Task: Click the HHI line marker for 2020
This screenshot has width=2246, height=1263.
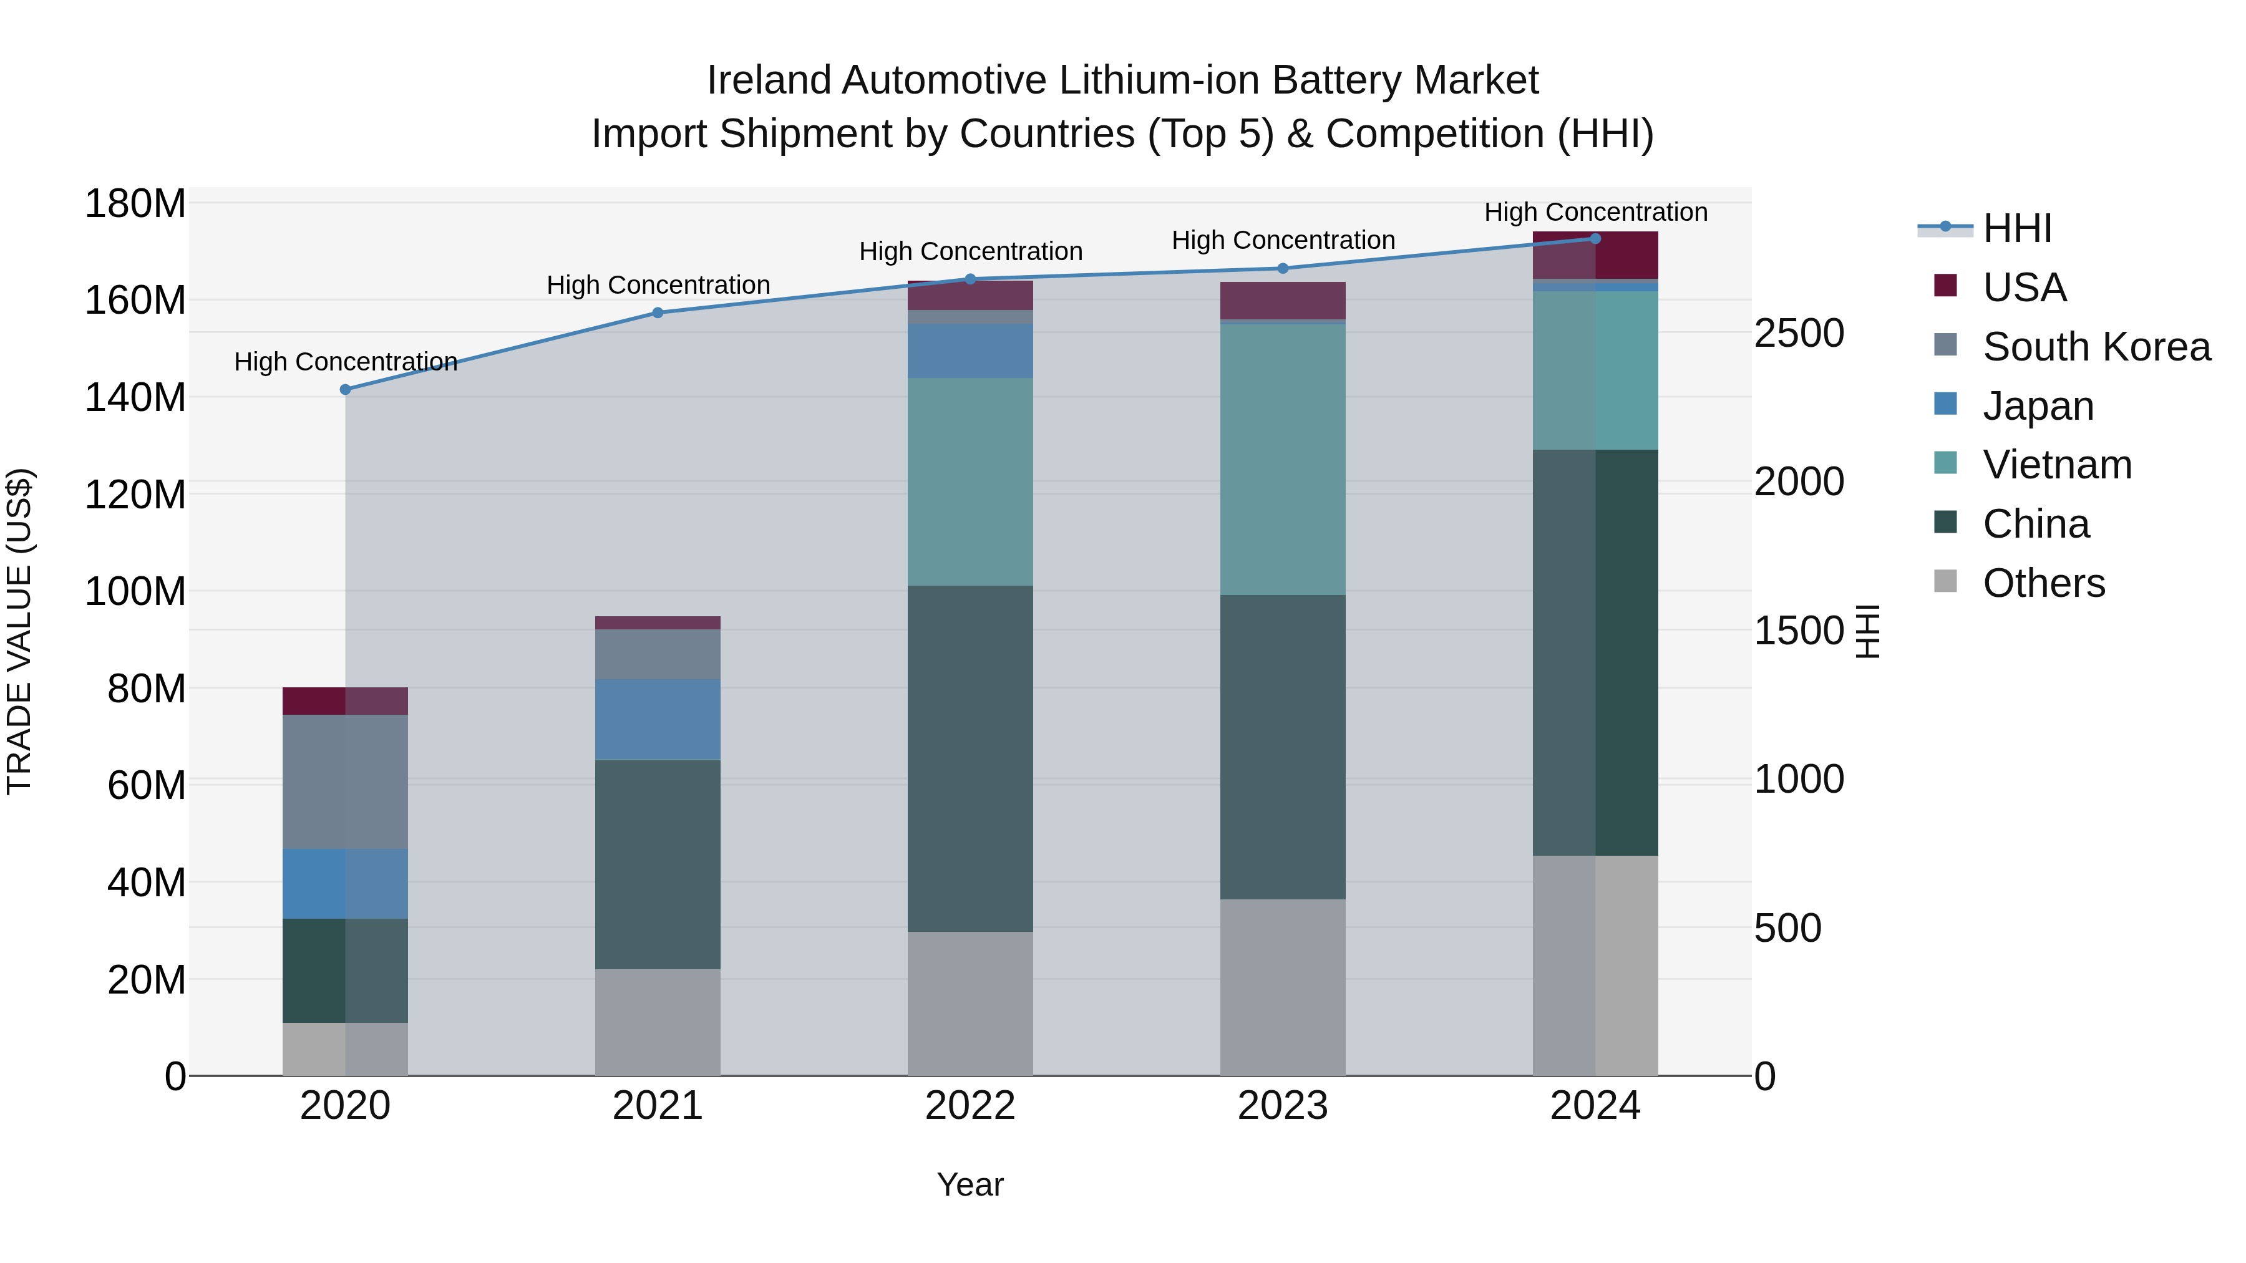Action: (x=345, y=390)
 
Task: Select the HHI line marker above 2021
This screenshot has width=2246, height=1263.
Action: (x=658, y=313)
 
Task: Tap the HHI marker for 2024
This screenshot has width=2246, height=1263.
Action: (x=1595, y=239)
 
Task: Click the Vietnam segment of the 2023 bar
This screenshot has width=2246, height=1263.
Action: (x=1283, y=458)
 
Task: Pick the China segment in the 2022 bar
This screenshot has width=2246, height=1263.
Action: (x=970, y=758)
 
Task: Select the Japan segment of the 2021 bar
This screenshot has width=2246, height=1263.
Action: (x=658, y=719)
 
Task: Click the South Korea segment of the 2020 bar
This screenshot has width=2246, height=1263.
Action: (x=345, y=782)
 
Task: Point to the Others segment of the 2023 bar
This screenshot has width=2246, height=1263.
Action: (x=1283, y=987)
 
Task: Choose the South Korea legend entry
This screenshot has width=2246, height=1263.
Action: (x=2096, y=347)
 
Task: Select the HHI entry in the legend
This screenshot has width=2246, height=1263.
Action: (x=2016, y=228)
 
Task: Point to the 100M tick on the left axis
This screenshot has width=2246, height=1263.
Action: (x=135, y=592)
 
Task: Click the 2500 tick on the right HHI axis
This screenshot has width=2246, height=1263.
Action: (x=1799, y=333)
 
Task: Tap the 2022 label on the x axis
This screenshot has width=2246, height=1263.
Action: (x=970, y=1106)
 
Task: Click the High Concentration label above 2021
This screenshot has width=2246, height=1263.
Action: (x=658, y=285)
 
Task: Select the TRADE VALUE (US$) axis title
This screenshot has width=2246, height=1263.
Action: (x=19, y=631)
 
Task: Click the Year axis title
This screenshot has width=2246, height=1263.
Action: (x=970, y=1184)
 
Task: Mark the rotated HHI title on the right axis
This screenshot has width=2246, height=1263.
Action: (x=1867, y=631)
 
